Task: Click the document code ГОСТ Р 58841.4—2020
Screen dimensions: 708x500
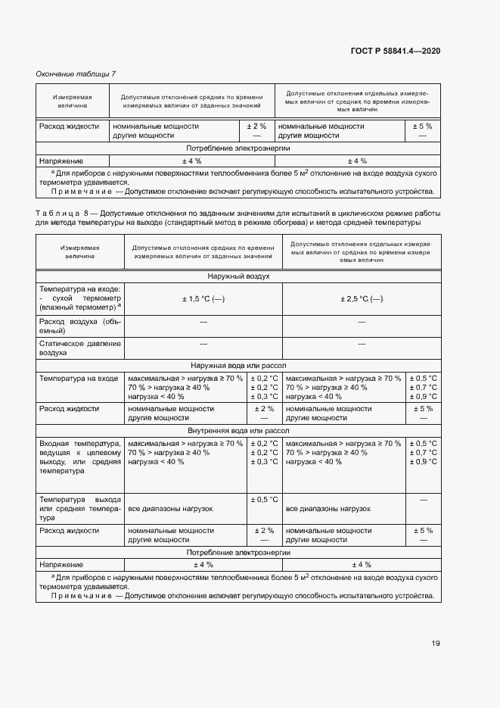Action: coord(395,51)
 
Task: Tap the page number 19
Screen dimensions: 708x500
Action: coord(435,644)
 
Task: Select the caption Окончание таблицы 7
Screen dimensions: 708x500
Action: coord(76,73)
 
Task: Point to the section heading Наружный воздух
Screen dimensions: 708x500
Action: coord(238,276)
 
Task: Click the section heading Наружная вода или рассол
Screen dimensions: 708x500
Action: coord(238,365)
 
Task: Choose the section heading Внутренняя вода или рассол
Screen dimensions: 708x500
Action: coord(238,430)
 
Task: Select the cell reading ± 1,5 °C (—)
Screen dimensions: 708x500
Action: coord(203,299)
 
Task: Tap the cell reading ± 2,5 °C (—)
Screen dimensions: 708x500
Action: coord(362,299)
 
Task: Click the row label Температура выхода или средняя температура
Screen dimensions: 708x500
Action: coord(79,509)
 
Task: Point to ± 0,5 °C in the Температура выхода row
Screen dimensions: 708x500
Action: coord(264,500)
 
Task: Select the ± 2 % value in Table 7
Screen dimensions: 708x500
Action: coord(255,126)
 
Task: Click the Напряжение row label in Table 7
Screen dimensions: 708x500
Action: coord(61,161)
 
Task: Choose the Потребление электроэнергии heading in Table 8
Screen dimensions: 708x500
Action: coord(238,554)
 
